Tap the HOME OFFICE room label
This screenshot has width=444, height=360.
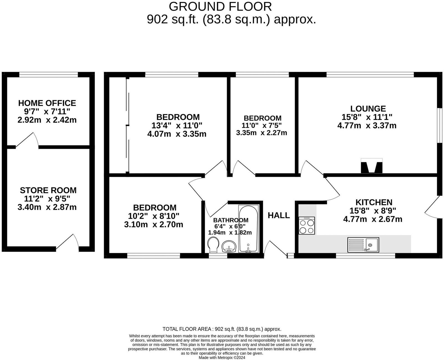tap(47, 103)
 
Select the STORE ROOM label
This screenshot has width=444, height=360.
tap(48, 190)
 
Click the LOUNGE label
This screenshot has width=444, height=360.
tap(368, 109)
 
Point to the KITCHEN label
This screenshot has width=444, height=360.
tap(374, 202)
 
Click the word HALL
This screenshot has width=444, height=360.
tap(279, 215)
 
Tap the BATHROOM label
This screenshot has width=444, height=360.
tap(231, 220)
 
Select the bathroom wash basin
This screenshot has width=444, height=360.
tap(229, 246)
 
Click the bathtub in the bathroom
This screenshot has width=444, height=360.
tap(249, 229)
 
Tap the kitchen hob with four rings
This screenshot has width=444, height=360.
tap(307, 226)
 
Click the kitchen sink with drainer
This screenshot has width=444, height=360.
tap(363, 245)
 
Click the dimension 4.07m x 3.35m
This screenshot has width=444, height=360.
tap(177, 134)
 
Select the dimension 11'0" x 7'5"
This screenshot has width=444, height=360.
tap(262, 125)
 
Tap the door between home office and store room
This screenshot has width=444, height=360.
tap(27, 141)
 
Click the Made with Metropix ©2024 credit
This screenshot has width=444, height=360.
tap(222, 358)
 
